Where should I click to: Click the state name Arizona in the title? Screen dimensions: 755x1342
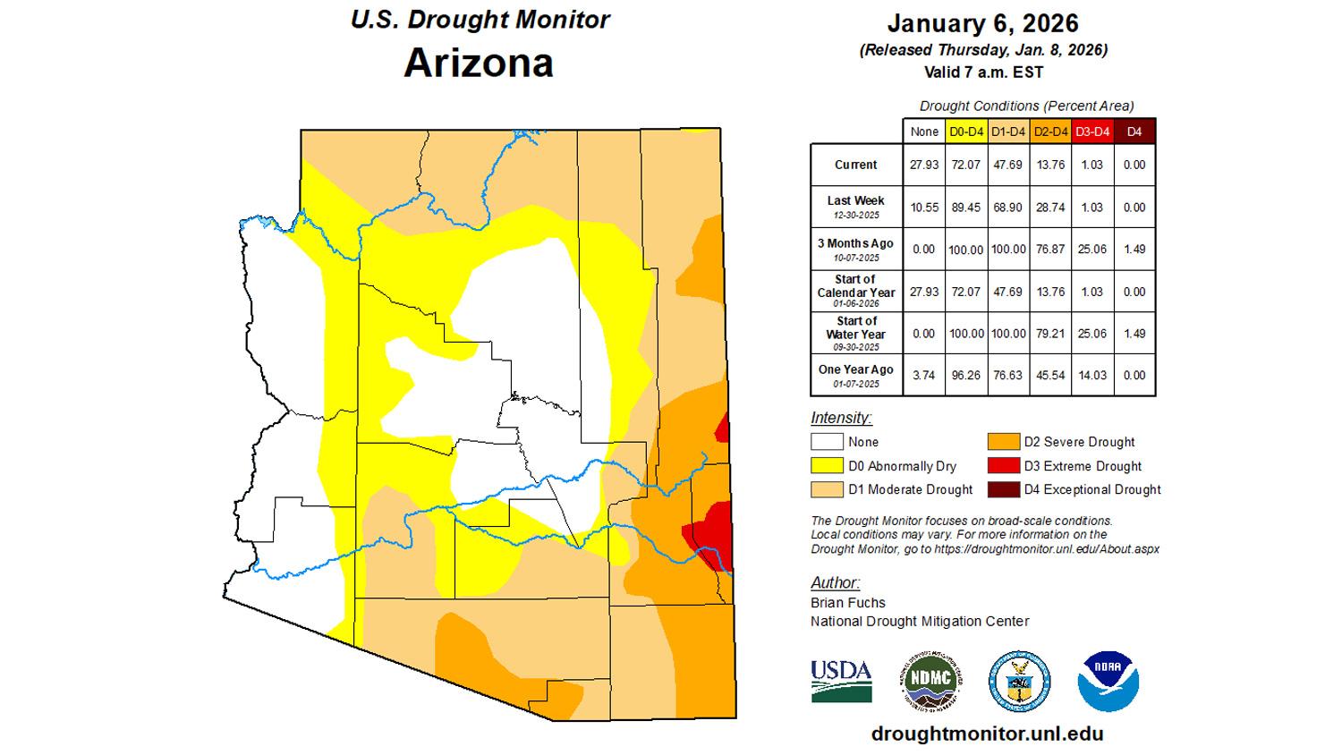(x=479, y=63)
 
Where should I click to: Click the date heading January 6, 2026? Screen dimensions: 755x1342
(x=982, y=23)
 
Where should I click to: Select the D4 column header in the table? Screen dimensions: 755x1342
(x=1134, y=131)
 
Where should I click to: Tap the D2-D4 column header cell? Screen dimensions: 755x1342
(x=1050, y=131)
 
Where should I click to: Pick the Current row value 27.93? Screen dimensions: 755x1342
(x=923, y=165)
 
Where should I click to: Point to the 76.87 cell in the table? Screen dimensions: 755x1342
(x=1050, y=250)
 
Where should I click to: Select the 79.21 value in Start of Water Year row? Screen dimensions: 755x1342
(x=1050, y=334)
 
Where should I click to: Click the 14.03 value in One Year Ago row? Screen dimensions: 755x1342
(x=1091, y=376)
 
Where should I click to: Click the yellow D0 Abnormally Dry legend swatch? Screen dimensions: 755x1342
(x=827, y=466)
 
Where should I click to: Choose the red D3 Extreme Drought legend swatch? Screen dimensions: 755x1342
(x=1003, y=466)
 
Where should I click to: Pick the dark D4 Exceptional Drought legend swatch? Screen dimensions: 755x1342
(x=1003, y=489)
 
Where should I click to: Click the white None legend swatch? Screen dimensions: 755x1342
(x=827, y=442)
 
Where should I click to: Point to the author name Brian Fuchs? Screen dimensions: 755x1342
(x=848, y=603)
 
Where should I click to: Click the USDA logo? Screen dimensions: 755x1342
(x=841, y=681)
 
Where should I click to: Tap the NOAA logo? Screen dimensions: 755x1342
(x=1108, y=681)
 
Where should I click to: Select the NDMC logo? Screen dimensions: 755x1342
(x=930, y=681)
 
